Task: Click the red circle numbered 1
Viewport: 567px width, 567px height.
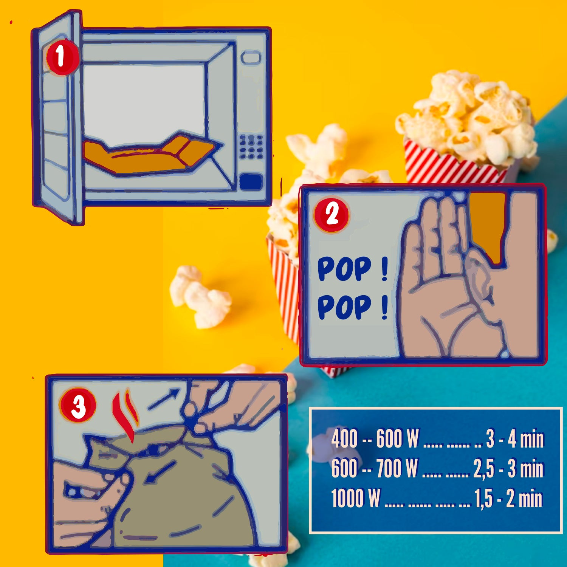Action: [x=61, y=57]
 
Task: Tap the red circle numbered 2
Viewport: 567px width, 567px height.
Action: [x=332, y=215]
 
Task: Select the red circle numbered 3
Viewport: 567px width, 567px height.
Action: [x=78, y=407]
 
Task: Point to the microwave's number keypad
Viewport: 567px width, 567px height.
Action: [x=251, y=146]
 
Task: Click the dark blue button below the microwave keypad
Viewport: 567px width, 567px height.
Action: [x=251, y=181]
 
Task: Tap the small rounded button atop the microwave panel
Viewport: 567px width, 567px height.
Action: [x=251, y=58]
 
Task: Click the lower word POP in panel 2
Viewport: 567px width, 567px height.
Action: [x=344, y=307]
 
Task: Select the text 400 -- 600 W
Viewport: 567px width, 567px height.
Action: [x=375, y=439]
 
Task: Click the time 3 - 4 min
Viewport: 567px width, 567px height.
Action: [x=515, y=439]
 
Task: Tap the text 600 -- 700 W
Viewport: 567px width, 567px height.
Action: [x=374, y=468]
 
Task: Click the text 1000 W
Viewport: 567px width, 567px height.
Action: [x=356, y=498]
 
